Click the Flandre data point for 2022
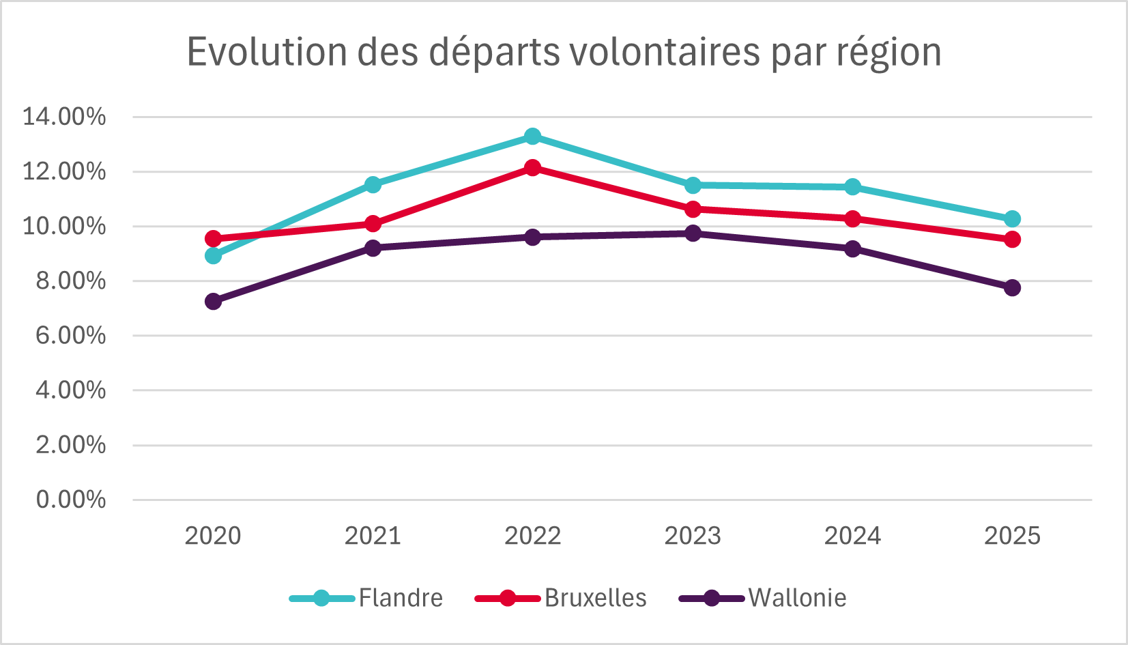coord(533,137)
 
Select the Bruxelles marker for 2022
coord(533,168)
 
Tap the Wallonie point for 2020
coord(213,302)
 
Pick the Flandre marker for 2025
coord(1012,219)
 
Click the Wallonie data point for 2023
coord(693,233)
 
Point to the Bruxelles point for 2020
coord(213,239)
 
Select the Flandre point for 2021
coord(373,185)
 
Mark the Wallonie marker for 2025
coord(1012,287)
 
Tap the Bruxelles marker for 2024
coord(852,219)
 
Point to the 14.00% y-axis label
coord(64,117)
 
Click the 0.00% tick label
coord(71,500)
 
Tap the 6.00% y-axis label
coord(71,336)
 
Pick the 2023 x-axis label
coord(693,536)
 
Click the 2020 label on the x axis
coord(213,536)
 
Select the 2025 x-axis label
coord(1012,536)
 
